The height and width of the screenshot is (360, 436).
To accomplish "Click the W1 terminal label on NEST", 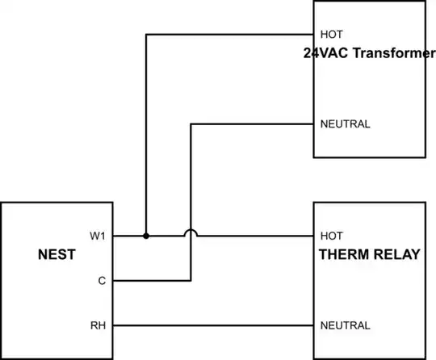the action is point(98,236).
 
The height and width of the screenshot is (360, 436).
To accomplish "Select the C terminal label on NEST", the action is point(102,281).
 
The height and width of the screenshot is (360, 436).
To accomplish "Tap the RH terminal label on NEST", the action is point(99,325).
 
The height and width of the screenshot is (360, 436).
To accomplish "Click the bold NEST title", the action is point(57,254).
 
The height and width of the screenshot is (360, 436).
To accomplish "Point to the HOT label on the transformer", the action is point(332,35).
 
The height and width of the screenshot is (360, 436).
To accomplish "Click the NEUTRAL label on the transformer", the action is point(345,124).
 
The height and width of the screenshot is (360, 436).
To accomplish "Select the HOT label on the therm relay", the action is point(332,236).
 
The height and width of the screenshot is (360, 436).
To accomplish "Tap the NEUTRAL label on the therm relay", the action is point(345,325).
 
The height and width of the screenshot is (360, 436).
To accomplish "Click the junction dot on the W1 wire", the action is point(146,236).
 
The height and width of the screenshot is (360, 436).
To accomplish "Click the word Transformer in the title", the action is point(394,52).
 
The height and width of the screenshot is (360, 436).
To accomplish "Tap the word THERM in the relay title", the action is point(344,254).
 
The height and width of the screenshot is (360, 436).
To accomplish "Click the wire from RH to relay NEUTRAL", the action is point(213,325).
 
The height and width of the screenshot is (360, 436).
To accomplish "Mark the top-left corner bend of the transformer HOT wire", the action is point(146,35).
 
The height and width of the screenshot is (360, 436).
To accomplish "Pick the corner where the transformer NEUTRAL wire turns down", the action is point(191,124).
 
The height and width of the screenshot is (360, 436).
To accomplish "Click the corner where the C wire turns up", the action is point(191,281).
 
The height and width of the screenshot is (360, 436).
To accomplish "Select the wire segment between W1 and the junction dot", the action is point(129,236).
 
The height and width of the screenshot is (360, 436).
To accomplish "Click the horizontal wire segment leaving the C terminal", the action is point(152,281).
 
